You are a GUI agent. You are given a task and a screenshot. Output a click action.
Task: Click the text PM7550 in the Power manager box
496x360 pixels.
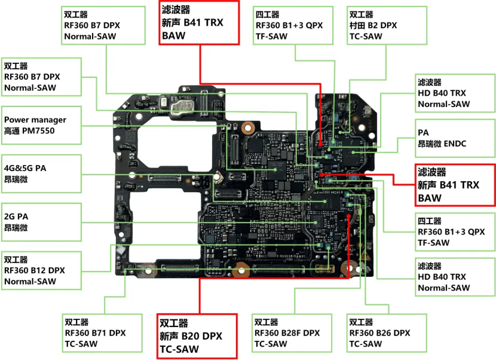[38, 131]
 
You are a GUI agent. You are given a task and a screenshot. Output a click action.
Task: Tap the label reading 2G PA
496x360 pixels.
[16, 216]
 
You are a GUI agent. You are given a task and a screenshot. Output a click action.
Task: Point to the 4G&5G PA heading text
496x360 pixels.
[25, 168]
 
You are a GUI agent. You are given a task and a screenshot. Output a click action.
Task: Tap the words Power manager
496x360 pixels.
[35, 120]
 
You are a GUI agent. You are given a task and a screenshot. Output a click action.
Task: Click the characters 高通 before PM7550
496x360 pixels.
[12, 131]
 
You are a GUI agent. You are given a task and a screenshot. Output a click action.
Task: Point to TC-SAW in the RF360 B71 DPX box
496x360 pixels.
[81, 344]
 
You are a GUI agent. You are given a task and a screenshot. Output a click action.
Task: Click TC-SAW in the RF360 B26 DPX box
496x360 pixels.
[366, 344]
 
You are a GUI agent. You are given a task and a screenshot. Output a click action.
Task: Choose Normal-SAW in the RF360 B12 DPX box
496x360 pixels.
[30, 281]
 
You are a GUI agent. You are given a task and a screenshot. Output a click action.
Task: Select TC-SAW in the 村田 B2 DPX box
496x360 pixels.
[366, 36]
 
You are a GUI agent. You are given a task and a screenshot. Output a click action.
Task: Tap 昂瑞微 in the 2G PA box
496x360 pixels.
[16, 228]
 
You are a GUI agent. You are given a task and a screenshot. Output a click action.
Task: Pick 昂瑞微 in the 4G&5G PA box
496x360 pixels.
[16, 179]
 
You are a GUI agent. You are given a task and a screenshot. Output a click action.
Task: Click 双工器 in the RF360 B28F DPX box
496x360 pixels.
[267, 322]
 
